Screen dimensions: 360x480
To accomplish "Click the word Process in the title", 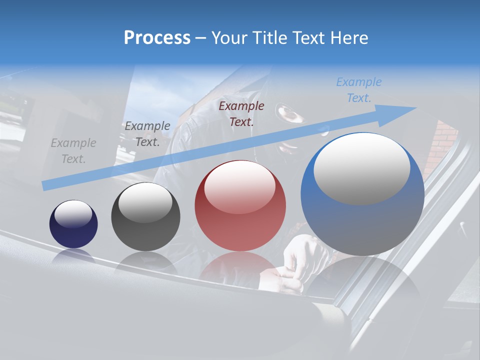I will point(157,37).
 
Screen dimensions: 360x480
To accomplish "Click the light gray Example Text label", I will point(73,151).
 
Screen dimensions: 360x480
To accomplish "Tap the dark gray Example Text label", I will point(147,134).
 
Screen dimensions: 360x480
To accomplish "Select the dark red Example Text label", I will point(241,113).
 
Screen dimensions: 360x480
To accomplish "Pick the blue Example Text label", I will point(359,89).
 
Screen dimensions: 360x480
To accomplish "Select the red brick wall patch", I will point(442,142).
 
